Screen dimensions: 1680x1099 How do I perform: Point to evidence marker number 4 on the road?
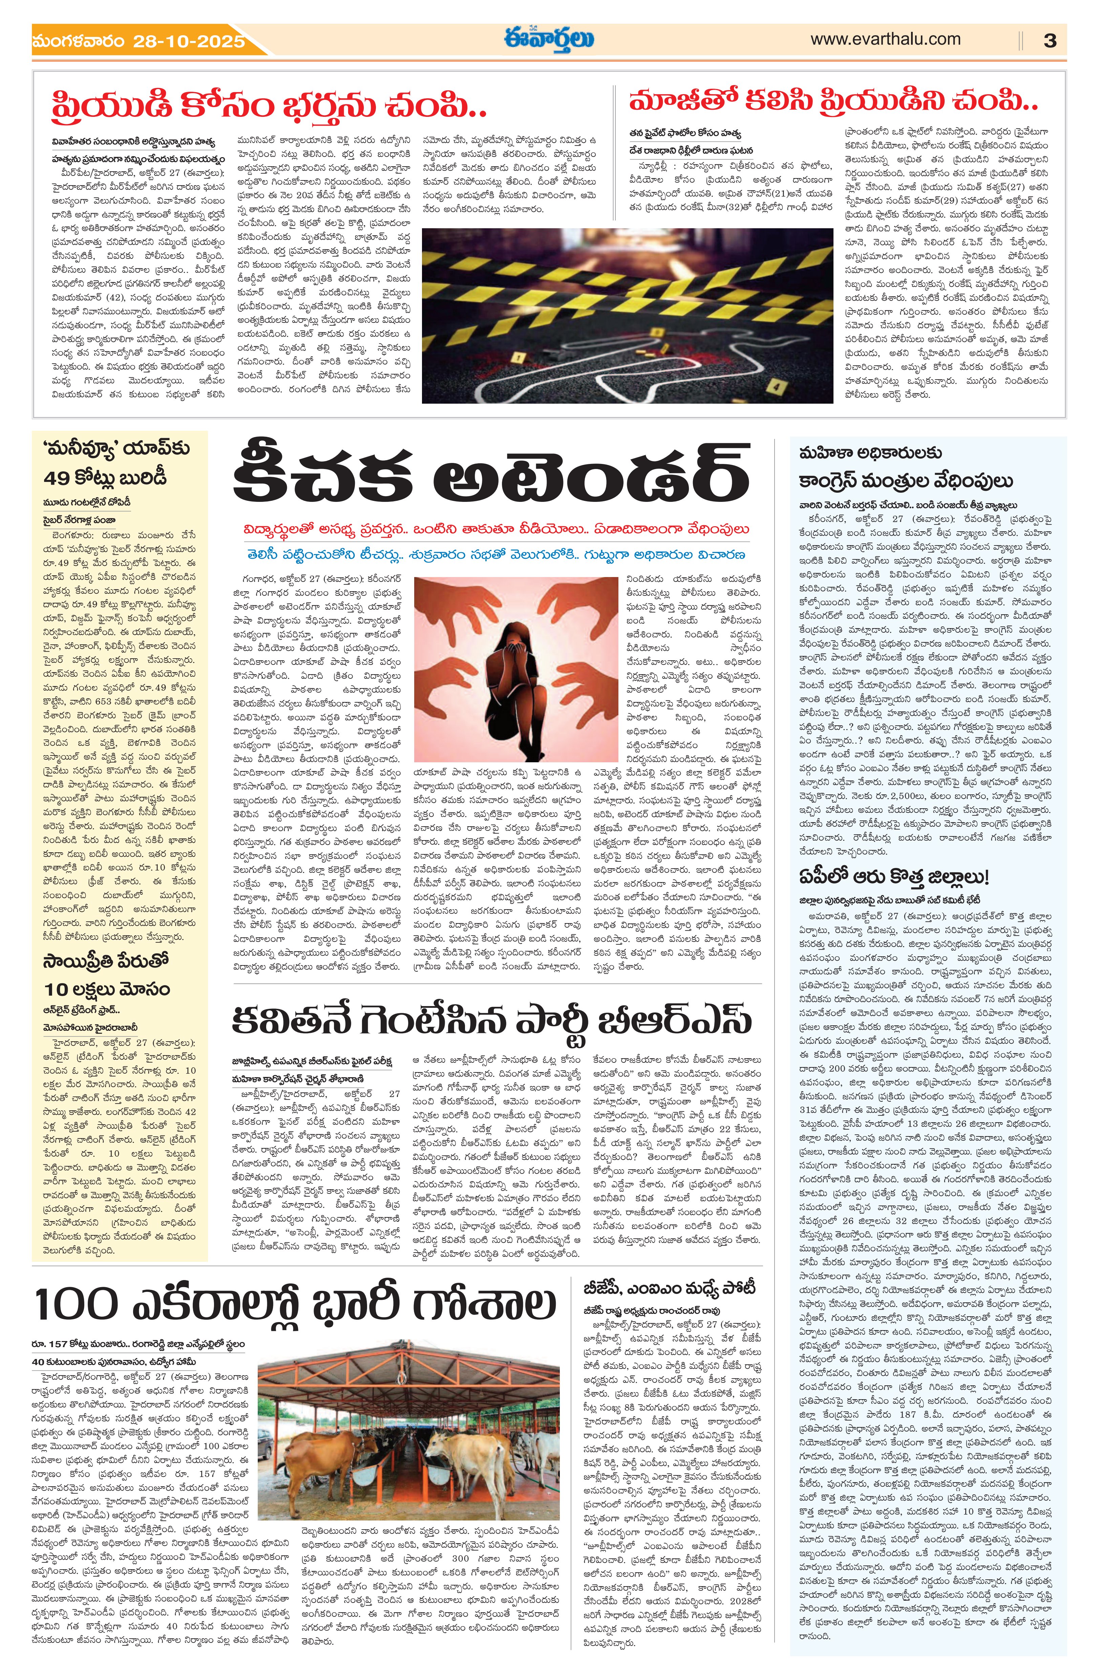776,386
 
